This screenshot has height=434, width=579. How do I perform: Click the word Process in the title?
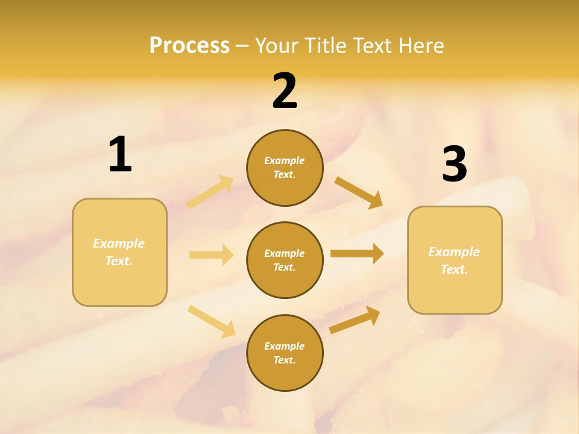[189, 46]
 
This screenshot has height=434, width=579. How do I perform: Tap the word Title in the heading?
[324, 46]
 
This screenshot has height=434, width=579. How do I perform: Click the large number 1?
[120, 155]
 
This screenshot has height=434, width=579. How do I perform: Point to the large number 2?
[285, 91]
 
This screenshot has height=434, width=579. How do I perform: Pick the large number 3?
[454, 165]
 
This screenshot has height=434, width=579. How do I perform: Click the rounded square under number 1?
[119, 252]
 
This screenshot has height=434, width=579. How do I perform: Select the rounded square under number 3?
[455, 260]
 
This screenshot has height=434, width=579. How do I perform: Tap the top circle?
[285, 168]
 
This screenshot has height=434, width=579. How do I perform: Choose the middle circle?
[285, 260]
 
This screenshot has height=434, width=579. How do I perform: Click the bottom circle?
[285, 353]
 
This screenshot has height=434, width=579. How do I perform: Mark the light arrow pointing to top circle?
[210, 192]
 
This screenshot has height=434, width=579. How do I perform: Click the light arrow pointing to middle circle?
[211, 255]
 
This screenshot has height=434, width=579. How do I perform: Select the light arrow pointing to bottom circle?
[212, 321]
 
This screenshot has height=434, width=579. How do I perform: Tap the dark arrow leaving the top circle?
[359, 192]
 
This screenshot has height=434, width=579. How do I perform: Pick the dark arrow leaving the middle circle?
[357, 253]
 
